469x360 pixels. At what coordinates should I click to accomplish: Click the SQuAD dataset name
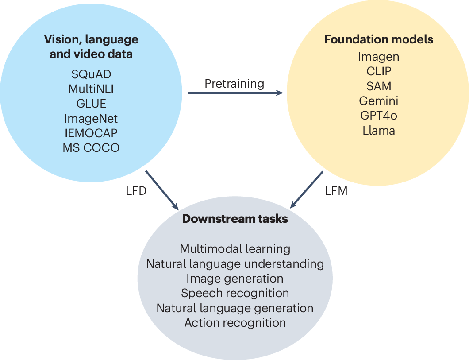click(91, 74)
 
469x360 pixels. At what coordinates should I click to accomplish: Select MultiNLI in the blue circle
click(91, 89)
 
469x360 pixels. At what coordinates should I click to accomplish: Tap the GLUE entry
click(91, 103)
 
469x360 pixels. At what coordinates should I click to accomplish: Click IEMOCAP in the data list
click(91, 132)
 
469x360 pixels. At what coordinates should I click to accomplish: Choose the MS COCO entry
click(91, 147)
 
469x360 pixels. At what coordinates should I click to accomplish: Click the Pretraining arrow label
click(234, 83)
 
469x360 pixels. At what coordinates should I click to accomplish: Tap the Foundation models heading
click(379, 39)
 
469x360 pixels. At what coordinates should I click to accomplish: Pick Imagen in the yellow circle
click(379, 57)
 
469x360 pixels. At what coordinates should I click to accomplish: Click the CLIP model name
click(379, 71)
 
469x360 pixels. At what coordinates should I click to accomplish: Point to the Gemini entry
click(379, 101)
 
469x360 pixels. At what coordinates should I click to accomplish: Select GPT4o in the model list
click(379, 116)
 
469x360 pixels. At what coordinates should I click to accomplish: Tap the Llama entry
click(379, 130)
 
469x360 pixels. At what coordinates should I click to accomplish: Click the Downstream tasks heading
click(235, 219)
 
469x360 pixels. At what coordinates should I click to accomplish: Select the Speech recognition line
click(235, 293)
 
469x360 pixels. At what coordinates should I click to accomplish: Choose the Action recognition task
click(235, 322)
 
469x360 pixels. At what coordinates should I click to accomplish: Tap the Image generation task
click(235, 278)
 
